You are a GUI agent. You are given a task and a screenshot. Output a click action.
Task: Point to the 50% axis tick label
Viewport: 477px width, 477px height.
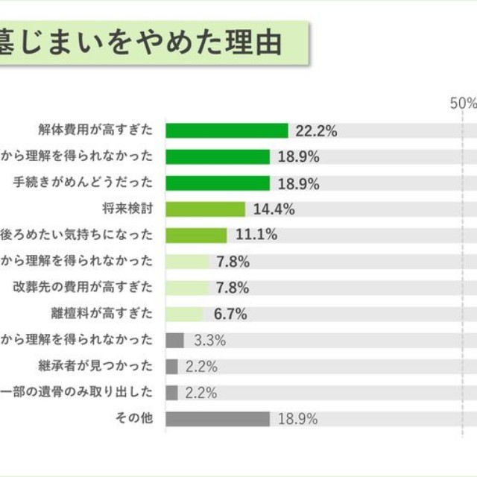tap(463, 104)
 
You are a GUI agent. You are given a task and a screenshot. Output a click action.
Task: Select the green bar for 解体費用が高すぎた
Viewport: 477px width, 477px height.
tap(227, 130)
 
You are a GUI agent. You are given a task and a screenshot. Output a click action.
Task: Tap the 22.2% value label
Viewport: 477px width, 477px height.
tap(316, 131)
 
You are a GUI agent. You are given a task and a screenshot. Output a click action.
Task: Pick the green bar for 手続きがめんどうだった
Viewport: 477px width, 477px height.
tap(217, 183)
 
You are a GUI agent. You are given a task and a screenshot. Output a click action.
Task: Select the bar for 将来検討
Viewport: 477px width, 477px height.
tap(205, 209)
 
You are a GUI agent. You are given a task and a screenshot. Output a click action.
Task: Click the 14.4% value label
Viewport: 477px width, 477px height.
tap(274, 209)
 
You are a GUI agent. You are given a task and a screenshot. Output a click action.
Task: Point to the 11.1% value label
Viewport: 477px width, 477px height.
tap(256, 236)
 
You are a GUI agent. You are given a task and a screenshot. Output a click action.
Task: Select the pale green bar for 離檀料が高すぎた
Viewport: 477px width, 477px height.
tap(184, 314)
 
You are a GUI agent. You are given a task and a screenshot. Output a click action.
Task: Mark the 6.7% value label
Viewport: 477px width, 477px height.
tap(231, 314)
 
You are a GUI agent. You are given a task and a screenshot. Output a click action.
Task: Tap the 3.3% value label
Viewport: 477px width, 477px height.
tap(210, 341)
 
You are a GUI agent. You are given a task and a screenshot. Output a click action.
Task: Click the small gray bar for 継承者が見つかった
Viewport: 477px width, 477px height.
tap(171, 367)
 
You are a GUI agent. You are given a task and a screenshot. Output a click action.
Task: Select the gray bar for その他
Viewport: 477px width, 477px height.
tap(217, 419)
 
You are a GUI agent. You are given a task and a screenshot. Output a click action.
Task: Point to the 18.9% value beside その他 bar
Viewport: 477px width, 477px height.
tap(297, 419)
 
